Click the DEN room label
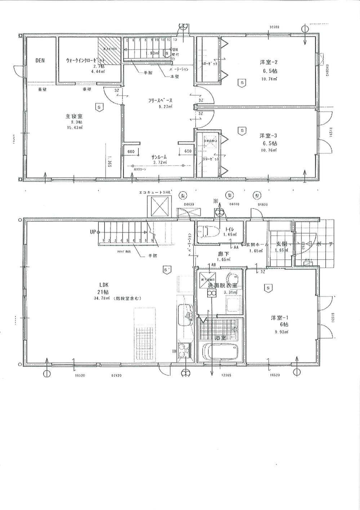click(40, 61)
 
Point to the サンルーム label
click(159, 157)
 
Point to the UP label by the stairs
click(93, 232)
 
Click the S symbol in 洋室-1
click(267, 288)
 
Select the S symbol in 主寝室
click(99, 107)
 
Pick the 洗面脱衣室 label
click(222, 285)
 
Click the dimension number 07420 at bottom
click(116, 375)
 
